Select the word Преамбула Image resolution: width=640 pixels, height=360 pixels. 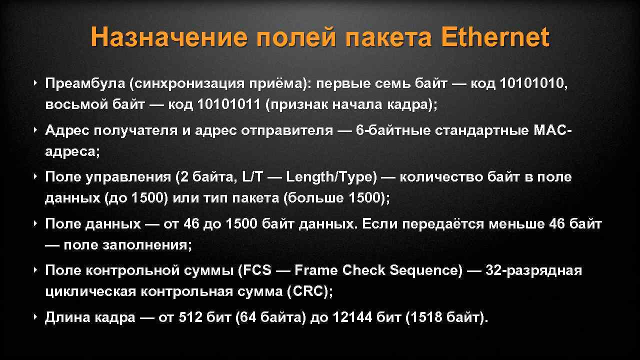coord(84,84)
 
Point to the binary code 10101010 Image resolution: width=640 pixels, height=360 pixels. coord(532,84)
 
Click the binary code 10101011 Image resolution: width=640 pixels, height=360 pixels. coord(229,105)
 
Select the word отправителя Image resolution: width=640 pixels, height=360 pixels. coord(286,130)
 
